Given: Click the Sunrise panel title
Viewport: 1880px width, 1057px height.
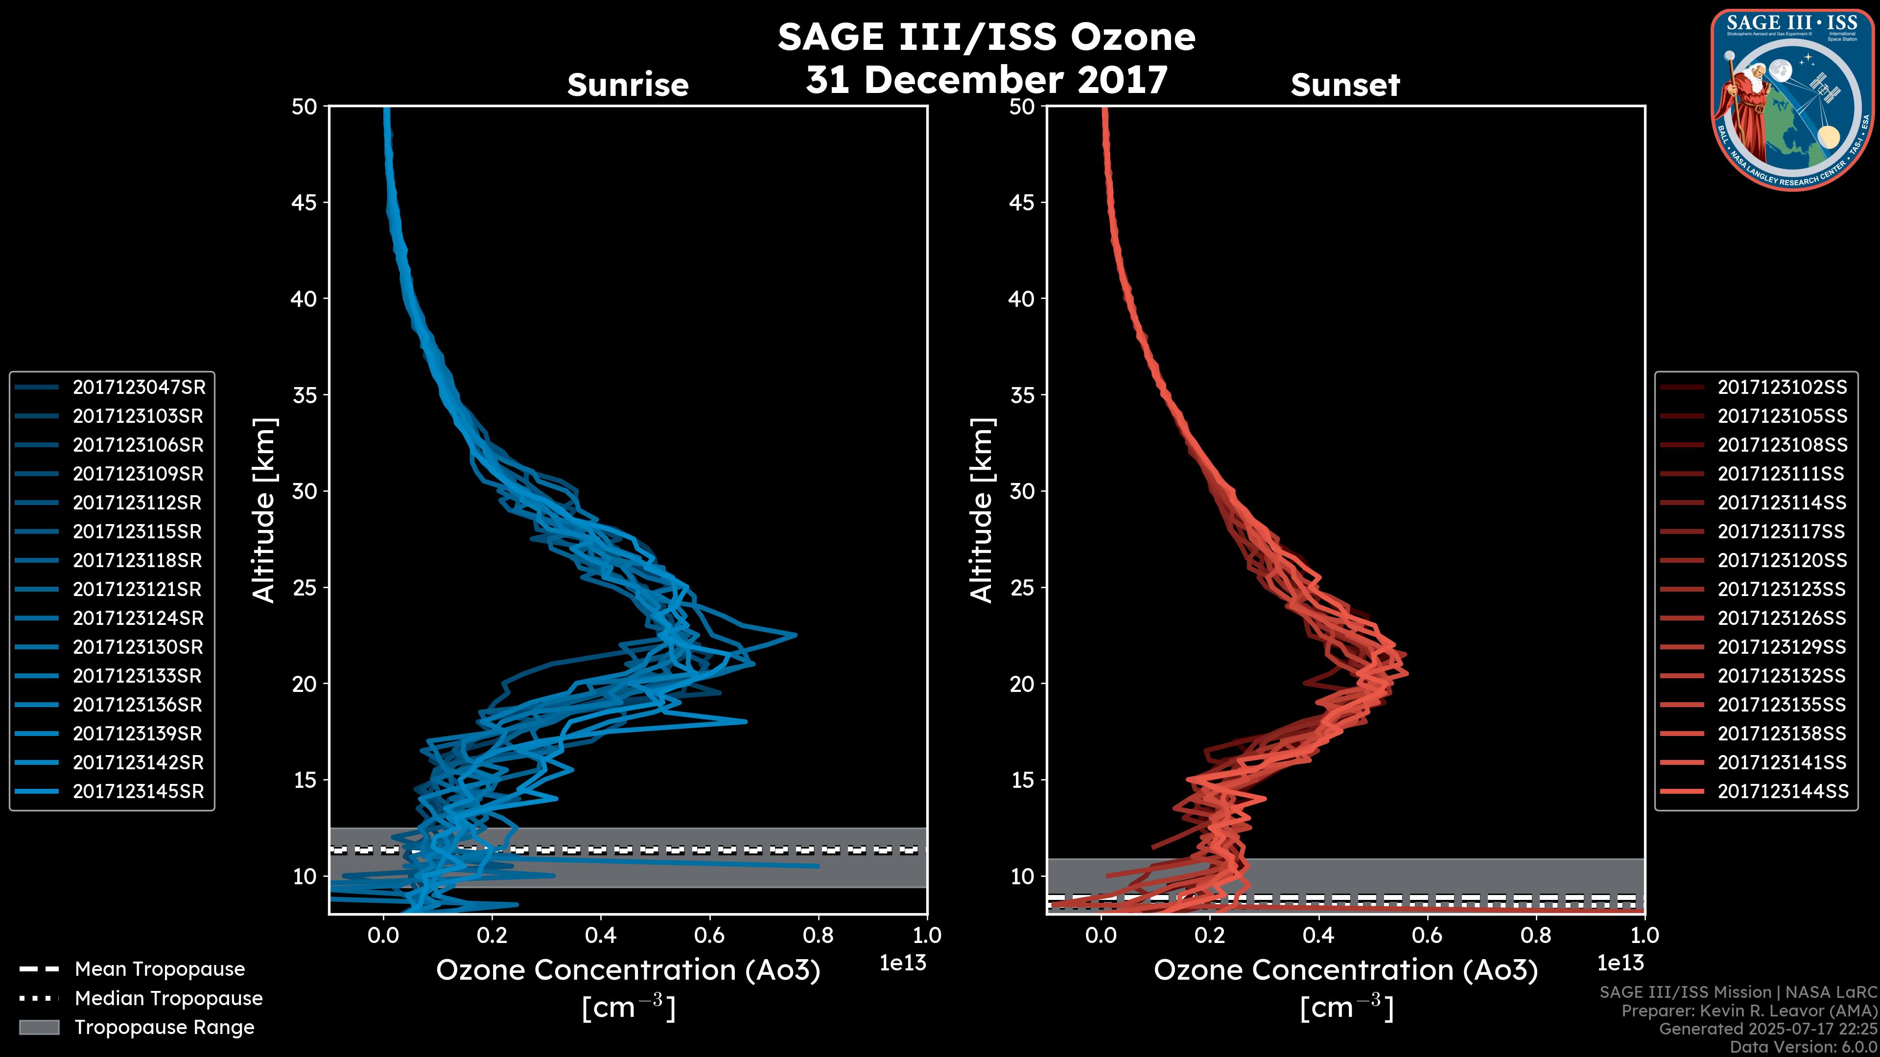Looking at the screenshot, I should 628,85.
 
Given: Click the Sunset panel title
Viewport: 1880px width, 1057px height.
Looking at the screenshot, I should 1345,85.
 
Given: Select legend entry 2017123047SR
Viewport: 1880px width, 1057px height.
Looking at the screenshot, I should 139,388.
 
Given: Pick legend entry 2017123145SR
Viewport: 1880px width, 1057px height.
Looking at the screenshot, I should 138,791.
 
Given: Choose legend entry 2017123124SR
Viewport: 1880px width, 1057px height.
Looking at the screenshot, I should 138,619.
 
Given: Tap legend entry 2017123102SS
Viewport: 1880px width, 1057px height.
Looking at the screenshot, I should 1782,388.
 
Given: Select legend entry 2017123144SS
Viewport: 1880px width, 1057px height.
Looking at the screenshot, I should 1782,791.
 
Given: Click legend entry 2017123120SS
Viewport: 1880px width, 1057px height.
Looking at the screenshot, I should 1782,560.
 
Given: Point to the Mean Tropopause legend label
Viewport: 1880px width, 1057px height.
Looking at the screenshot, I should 160,969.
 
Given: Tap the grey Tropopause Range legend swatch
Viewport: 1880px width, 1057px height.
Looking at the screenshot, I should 39,1028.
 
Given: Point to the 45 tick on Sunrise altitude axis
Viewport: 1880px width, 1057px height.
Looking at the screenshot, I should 305,203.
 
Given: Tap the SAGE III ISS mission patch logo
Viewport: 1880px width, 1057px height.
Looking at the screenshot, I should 1792,99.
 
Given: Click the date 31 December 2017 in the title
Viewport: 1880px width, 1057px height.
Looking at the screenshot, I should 987,80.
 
